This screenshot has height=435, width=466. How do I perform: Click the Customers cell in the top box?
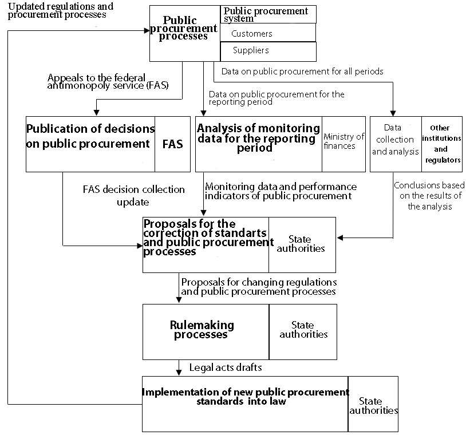point(268,33)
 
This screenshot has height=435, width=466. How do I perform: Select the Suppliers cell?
point(268,52)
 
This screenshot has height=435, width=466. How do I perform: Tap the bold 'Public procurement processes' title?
point(183,28)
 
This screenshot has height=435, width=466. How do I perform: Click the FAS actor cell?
point(172,144)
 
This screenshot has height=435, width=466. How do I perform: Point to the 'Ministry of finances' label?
point(343,141)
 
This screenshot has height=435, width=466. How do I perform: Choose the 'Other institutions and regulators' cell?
point(441,144)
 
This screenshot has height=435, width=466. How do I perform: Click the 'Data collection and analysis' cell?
point(396,144)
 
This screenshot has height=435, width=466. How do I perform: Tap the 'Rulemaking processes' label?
point(202,330)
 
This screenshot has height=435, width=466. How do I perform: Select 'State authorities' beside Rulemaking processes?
point(303,330)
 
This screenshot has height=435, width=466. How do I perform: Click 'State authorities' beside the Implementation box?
point(374,406)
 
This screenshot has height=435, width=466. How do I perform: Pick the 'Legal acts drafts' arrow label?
point(226,367)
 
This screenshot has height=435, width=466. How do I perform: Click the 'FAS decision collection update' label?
point(133,196)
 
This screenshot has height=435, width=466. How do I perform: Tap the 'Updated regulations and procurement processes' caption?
point(61,10)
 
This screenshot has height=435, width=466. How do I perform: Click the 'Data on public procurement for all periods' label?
point(302,72)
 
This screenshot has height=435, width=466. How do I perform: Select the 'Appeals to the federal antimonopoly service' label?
point(108,81)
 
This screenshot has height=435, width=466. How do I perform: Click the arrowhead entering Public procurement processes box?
point(147,30)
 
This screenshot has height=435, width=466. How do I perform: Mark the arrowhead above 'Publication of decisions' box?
point(96,113)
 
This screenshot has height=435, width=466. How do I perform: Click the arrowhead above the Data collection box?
point(393,113)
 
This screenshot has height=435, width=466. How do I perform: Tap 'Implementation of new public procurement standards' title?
point(245,397)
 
